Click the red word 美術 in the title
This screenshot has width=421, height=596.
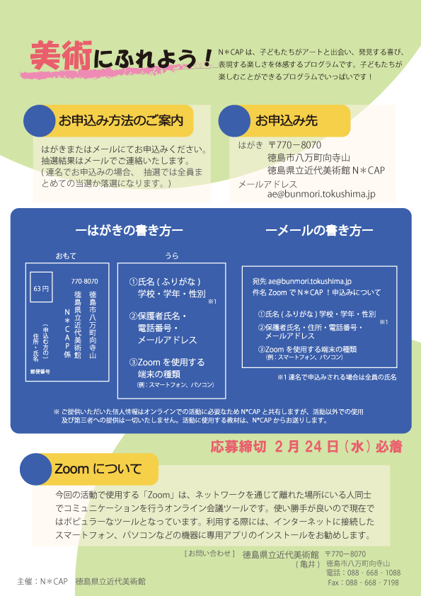pos(60,56)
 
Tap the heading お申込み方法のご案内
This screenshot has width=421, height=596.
pos(121,120)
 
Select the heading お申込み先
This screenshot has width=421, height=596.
pos(287,120)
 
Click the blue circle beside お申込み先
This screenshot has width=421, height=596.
pos(234,121)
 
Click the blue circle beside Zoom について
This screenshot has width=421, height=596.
pos(35,469)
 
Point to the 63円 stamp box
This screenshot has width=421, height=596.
pos(41,287)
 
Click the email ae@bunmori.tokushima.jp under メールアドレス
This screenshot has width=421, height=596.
pos(321,194)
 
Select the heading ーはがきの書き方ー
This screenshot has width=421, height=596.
pos(129,230)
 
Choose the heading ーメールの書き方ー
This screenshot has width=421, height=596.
pos(319,230)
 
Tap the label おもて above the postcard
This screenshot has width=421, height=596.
pos(66,256)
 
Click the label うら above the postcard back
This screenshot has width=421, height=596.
pos(172,256)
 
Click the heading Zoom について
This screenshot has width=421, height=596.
pos(98,469)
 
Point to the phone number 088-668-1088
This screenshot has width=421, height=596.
pos(374,573)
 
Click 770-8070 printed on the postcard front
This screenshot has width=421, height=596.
pos(84,282)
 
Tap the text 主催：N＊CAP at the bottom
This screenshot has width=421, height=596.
pos(42,582)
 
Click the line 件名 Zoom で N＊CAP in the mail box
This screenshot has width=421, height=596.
pos(288,292)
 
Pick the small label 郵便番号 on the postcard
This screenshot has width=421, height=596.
pos(40,372)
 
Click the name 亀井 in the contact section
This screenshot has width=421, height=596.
pos(308,565)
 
